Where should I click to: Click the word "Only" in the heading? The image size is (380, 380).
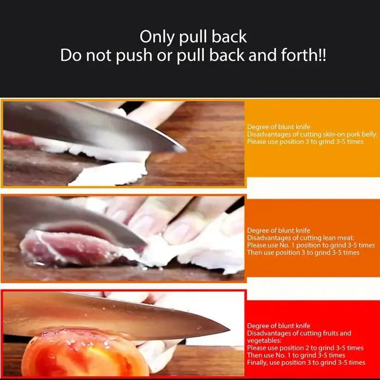coord(157,37)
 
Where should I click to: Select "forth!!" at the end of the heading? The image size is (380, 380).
coord(304,56)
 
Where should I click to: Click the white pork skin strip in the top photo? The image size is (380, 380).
coord(109,173)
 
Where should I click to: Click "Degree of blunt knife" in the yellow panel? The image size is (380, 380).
coord(279,127)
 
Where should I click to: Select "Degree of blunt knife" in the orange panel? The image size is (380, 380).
coord(279,231)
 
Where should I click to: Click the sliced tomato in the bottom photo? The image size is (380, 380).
coord(81,356)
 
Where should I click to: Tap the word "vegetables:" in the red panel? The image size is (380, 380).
coord(264,341)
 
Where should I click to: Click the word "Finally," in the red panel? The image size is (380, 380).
coord(257,363)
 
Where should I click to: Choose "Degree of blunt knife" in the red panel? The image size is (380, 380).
coord(279,326)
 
